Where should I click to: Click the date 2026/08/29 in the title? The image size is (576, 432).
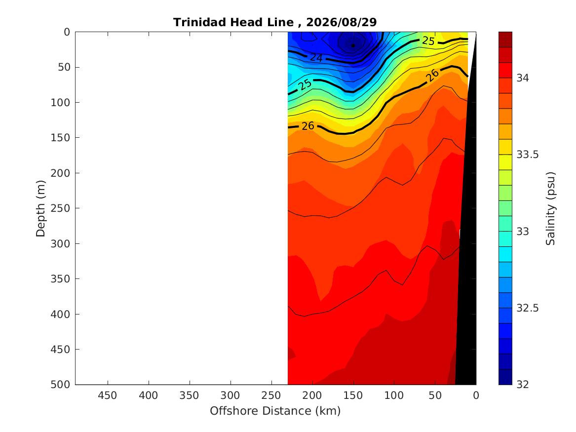click(x=341, y=22)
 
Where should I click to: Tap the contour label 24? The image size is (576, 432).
click(x=316, y=58)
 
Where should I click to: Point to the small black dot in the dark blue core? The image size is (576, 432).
click(x=353, y=45)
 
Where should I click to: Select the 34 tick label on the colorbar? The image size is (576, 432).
click(x=522, y=78)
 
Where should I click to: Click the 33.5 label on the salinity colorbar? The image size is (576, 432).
click(x=528, y=154)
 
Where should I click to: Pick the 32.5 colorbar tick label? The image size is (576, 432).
click(x=528, y=308)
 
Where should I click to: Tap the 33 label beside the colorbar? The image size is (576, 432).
click(x=522, y=232)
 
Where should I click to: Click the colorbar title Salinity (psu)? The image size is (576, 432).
click(x=550, y=208)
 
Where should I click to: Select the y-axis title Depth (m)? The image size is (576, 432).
click(x=40, y=208)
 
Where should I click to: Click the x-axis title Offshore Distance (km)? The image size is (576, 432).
click(x=275, y=411)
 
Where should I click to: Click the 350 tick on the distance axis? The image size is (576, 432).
click(x=190, y=395)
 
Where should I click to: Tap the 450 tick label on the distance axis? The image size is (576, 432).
click(x=108, y=395)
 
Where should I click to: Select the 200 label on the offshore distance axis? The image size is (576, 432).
click(x=312, y=395)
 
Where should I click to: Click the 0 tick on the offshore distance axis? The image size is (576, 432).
click(x=476, y=395)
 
